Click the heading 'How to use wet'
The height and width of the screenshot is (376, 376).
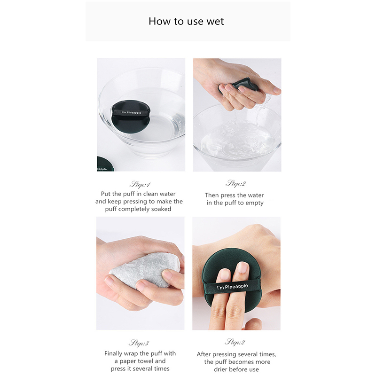click(x=186, y=21)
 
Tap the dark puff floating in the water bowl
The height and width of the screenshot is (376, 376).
click(x=130, y=116)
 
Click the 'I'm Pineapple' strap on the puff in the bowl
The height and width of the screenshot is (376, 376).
click(x=131, y=112)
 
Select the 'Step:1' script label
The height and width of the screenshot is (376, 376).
click(x=140, y=184)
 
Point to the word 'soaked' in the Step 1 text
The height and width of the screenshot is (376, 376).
click(x=161, y=209)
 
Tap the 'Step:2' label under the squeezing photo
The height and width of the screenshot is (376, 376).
click(x=236, y=183)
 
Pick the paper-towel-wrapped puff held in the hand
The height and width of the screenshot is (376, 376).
click(x=144, y=270)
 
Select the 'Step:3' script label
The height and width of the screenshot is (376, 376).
click(x=139, y=343)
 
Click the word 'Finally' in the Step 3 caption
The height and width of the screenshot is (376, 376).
click(x=113, y=353)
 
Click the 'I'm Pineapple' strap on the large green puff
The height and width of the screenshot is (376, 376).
click(x=232, y=287)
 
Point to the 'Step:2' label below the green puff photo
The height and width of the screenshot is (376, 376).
click(x=235, y=342)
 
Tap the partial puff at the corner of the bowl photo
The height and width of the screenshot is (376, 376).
click(x=105, y=164)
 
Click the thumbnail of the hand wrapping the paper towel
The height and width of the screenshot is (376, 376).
click(x=140, y=273)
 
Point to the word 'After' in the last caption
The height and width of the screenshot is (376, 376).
click(x=204, y=354)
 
